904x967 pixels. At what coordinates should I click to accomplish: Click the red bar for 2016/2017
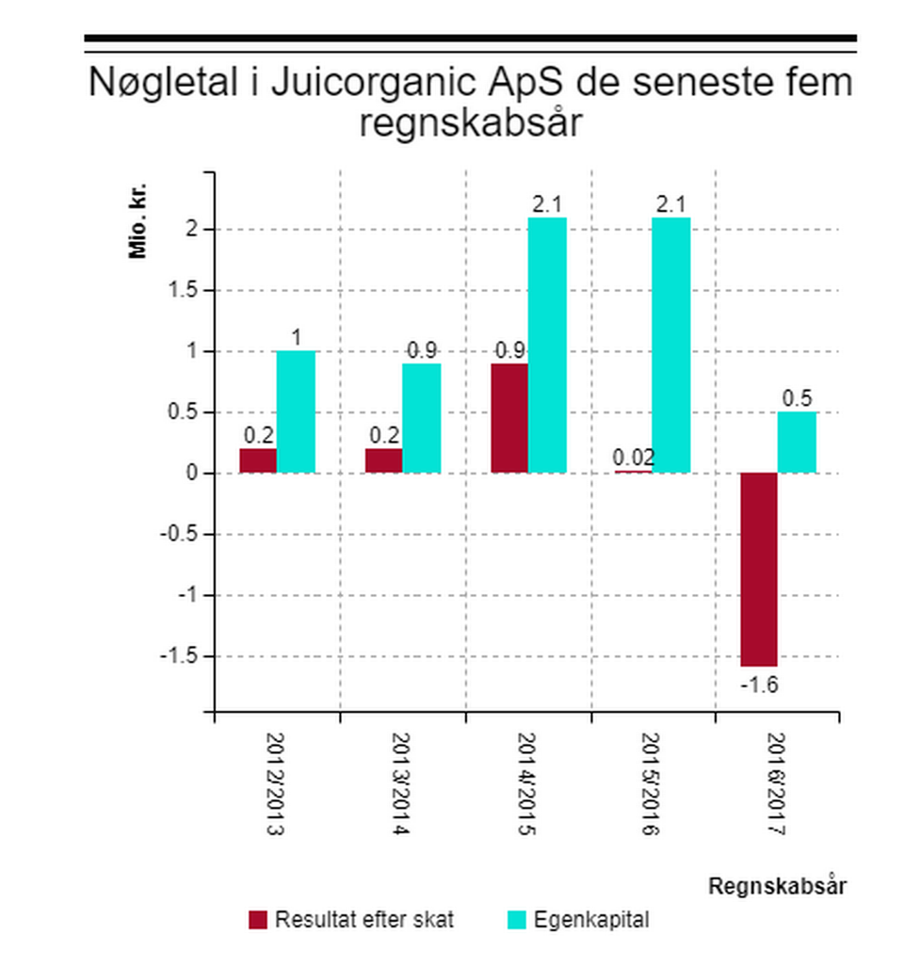pyautogui.click(x=758, y=569)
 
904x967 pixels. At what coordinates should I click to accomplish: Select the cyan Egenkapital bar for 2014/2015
pyautogui.click(x=547, y=345)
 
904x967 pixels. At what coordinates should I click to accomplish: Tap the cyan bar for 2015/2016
pyautogui.click(x=671, y=345)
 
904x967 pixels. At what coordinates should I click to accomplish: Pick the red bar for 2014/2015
pyautogui.click(x=509, y=417)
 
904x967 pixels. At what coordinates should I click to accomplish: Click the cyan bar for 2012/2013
pyautogui.click(x=296, y=411)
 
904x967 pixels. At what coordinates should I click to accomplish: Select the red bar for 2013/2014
pyautogui.click(x=383, y=460)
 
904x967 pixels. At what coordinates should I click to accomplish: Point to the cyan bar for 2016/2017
pyautogui.click(x=797, y=442)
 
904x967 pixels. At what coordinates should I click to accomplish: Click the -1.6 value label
pyautogui.click(x=758, y=685)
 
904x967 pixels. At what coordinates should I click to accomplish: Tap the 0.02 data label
pyautogui.click(x=634, y=459)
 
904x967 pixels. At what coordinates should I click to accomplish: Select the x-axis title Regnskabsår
pyautogui.click(x=777, y=886)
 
